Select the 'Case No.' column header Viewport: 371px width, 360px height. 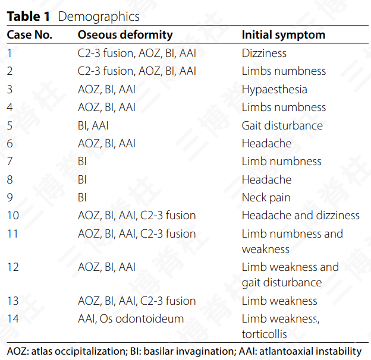coord(30,35)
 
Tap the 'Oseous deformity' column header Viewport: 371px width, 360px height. coord(125,35)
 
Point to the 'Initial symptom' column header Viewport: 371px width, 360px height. coord(283,35)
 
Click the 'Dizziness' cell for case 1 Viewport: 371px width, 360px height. coord(264,53)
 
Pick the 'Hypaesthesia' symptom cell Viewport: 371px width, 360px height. coord(274,90)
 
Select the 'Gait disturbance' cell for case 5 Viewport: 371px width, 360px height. coord(282,126)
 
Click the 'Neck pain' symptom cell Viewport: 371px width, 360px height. coord(266,198)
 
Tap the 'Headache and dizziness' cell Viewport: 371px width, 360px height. coord(300,216)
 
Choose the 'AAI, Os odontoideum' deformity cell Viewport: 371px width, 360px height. coord(131,319)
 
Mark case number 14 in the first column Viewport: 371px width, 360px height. coord(13,319)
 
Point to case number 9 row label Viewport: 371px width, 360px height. coord(10,198)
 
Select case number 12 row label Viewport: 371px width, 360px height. coord(13,267)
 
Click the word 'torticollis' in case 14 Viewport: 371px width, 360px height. coord(264,334)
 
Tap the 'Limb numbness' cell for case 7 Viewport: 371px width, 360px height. coord(281,162)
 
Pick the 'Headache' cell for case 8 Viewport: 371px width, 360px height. coord(266,179)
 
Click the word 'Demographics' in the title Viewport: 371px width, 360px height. coord(99,16)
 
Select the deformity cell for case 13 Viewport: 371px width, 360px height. coord(137,301)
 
